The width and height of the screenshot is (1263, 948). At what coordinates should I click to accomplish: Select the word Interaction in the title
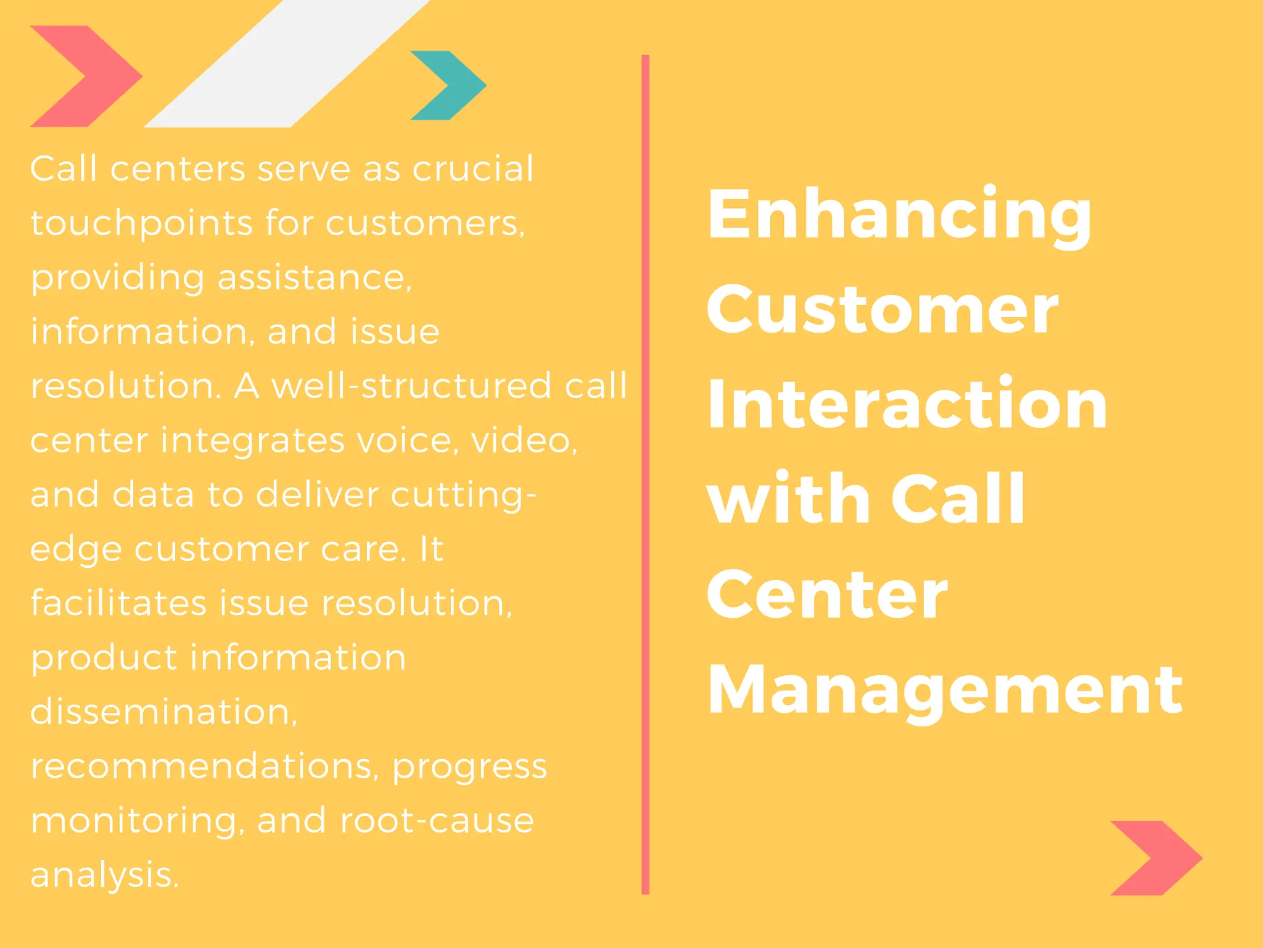[907, 404]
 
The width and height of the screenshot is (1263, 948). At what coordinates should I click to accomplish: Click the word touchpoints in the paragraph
[141, 223]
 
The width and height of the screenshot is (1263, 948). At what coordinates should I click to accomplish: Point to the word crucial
[472, 168]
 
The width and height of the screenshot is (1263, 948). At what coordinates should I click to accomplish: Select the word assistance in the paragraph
[314, 277]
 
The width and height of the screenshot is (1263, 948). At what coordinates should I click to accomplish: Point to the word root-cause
[437, 821]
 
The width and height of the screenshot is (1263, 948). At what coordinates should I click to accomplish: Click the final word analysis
[104, 875]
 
